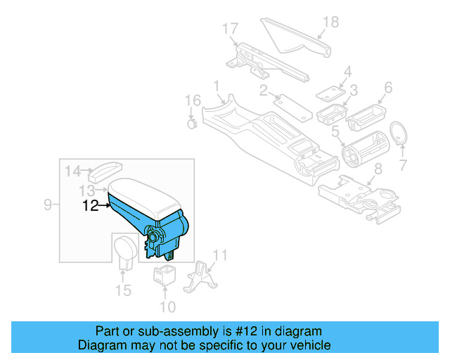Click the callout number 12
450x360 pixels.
point(90,206)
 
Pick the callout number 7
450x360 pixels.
point(403,167)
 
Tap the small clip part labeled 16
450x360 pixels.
point(191,124)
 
